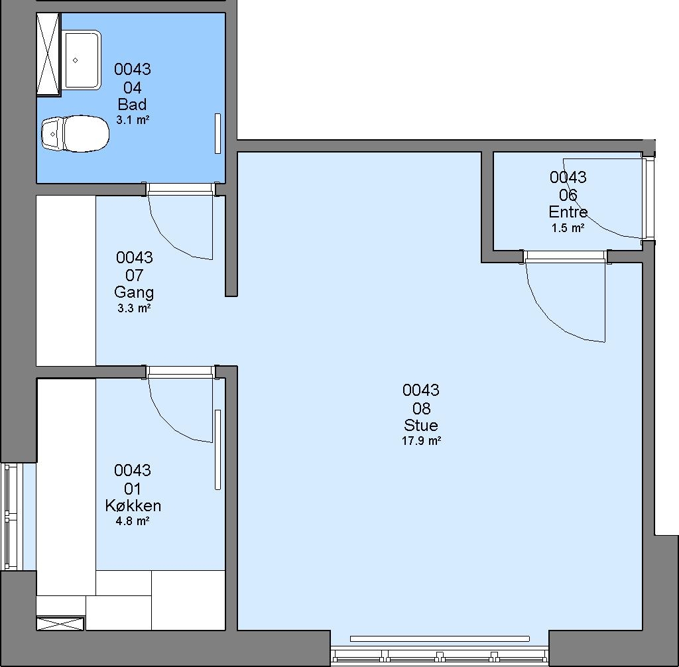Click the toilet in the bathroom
click(x=75, y=133)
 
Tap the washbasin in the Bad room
click(x=82, y=60)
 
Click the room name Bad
click(x=132, y=104)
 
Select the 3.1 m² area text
click(x=133, y=120)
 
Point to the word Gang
click(x=134, y=293)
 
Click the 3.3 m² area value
click(x=134, y=308)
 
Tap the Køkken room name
click(x=133, y=505)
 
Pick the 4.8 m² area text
click(x=133, y=520)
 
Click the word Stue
click(x=421, y=425)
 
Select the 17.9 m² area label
click(x=421, y=441)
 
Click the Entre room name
click(x=568, y=212)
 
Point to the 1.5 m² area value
click(x=568, y=228)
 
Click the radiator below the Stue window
click(x=440, y=638)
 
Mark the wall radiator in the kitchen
click(x=217, y=450)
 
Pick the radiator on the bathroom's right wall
click(x=217, y=133)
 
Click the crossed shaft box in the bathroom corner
click(x=48, y=54)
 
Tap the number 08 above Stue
click(x=421, y=408)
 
